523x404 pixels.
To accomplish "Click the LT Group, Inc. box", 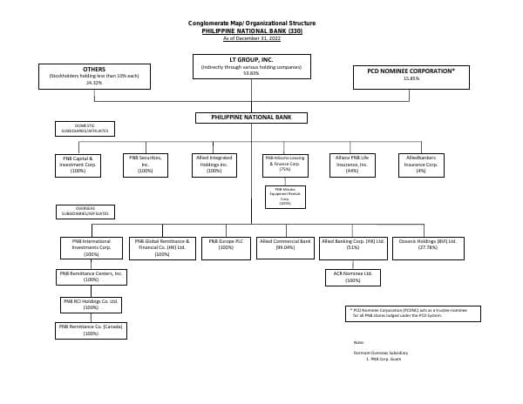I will (x=251, y=66).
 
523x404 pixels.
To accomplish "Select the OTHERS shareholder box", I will (x=94, y=76).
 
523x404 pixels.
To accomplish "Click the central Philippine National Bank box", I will (x=251, y=118).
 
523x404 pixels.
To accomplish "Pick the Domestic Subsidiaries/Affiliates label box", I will (x=85, y=129).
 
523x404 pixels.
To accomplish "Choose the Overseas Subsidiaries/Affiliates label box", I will (x=85, y=212).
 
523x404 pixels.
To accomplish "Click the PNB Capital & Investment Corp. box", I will (x=78, y=165).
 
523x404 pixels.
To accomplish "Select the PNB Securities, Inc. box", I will (x=146, y=165).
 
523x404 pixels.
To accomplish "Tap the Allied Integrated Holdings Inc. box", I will (x=214, y=165).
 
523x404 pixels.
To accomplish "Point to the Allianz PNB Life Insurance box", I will (x=352, y=165).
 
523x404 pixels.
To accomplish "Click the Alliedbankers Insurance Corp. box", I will (x=421, y=165).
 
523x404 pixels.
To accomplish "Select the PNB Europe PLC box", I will (x=227, y=247).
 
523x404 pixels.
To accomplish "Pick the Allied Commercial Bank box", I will (x=285, y=247).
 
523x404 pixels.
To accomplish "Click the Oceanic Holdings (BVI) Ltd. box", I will (x=428, y=247).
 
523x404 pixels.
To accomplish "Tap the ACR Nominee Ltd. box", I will (x=353, y=277).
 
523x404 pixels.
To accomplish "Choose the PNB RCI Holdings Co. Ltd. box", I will (x=91, y=304).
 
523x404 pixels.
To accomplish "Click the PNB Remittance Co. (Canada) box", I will (x=91, y=330).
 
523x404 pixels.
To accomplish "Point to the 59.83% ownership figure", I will (x=251, y=73).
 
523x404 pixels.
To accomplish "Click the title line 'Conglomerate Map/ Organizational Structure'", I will (x=252, y=23).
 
